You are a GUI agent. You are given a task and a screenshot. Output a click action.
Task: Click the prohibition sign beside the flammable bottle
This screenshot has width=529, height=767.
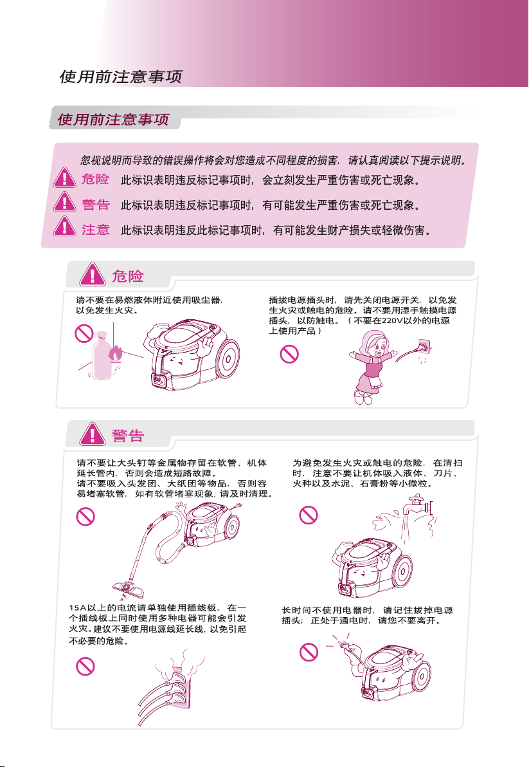pyautogui.click(x=84, y=333)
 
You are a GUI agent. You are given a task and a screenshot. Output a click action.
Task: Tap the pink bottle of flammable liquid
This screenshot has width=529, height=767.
pyautogui.click(x=102, y=355)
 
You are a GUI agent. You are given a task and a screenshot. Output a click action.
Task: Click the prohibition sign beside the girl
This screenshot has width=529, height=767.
pyautogui.click(x=289, y=354)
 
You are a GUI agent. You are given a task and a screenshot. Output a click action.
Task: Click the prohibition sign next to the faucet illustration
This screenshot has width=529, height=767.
pyautogui.click(x=309, y=515)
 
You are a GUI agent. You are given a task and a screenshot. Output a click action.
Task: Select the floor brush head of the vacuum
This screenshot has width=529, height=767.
pyautogui.click(x=128, y=589)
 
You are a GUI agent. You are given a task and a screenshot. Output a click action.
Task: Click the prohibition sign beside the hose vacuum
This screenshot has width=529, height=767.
pyautogui.click(x=85, y=517)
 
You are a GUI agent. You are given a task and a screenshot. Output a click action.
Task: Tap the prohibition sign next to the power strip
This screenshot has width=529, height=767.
pyautogui.click(x=85, y=666)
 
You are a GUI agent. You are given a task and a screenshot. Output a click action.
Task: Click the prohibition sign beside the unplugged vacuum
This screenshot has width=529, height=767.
pyautogui.click(x=309, y=652)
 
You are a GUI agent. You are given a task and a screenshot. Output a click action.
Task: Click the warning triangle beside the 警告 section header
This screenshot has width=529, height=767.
pyautogui.click(x=93, y=434)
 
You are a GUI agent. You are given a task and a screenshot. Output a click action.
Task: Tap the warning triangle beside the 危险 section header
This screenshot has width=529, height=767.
pyautogui.click(x=93, y=274)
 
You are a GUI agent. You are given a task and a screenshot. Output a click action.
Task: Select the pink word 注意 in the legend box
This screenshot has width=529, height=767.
pyautogui.click(x=96, y=230)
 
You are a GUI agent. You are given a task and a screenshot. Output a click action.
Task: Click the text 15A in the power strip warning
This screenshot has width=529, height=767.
pyautogui.click(x=77, y=608)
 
